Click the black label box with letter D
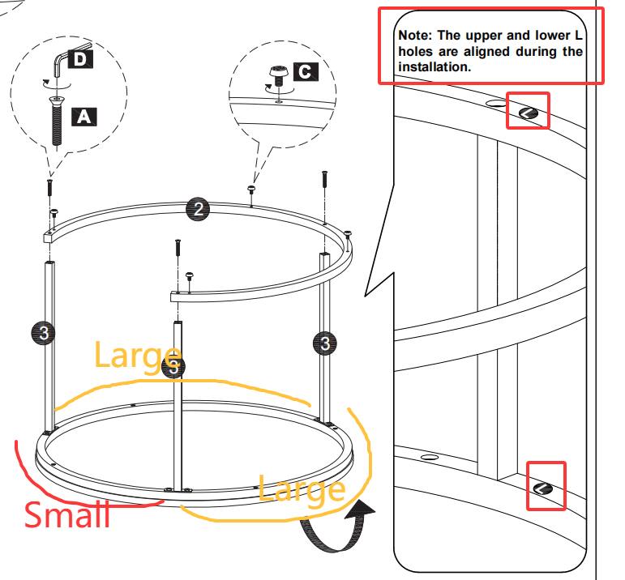pos(79,59)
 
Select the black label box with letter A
pos(84,116)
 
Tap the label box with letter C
pos(305,71)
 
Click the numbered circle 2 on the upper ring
pos(197,209)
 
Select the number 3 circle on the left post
pos(45,332)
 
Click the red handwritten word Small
pos(67,514)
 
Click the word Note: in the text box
pos(417,36)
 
